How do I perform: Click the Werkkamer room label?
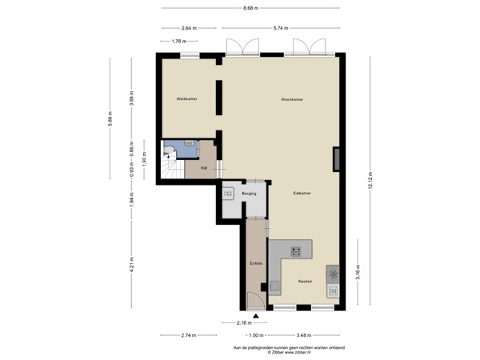click(x=186, y=98)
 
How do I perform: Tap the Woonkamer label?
click(x=291, y=99)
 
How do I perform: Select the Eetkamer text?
click(x=302, y=194)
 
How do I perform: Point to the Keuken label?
click(x=305, y=282)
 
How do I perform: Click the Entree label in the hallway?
click(x=256, y=262)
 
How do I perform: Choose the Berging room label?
click(x=250, y=194)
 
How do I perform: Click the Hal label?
click(x=205, y=169)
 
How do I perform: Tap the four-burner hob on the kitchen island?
click(x=296, y=252)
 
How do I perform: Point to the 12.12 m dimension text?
click(x=370, y=181)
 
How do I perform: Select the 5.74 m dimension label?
click(x=279, y=28)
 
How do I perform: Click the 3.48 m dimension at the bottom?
click(x=303, y=334)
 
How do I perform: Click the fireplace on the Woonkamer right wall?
click(x=338, y=159)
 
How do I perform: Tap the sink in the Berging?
click(x=228, y=194)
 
